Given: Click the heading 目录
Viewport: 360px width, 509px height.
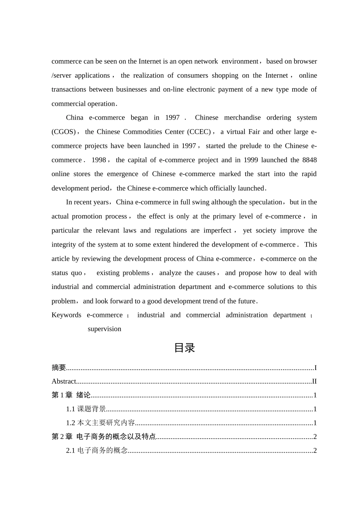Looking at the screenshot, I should pos(184,348).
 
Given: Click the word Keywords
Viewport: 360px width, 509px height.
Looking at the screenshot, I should pos(66,315).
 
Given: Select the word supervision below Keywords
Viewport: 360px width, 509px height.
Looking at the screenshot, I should pos(104,329).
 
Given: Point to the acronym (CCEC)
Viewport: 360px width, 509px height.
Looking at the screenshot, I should pos(199,132).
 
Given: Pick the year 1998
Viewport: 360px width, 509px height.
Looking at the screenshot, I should pos(99,160).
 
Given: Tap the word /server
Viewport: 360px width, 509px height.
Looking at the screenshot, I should pos(61,75).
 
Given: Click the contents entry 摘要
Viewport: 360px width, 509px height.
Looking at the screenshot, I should pos(59,367).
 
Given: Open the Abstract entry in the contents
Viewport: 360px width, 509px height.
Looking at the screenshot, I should pos(64,381).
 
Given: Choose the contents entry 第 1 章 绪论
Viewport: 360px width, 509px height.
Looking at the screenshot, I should pos(71,395).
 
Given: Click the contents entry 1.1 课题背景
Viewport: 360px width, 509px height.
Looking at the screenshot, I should pos(86,409).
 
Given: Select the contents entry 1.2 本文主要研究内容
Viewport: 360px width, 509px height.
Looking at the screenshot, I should pos(100,423).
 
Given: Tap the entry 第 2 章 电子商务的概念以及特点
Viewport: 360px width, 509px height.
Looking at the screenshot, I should pos(104,437).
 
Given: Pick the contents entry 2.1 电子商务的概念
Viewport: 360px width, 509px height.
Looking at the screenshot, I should pos(97,450).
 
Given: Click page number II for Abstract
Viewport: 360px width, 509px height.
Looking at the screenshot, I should pos(314,381).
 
